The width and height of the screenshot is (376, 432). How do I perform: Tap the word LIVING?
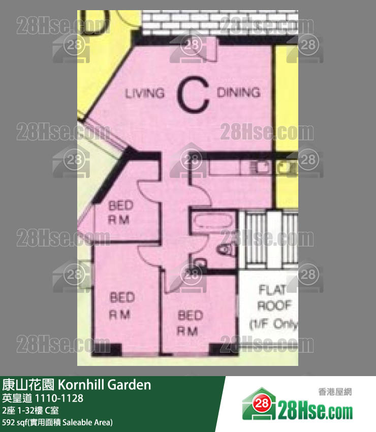pyautogui.click(x=145, y=94)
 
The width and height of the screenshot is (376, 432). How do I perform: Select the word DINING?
pyautogui.click(x=238, y=92)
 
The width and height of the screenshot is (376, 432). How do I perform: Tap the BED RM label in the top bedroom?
pyautogui.click(x=121, y=212)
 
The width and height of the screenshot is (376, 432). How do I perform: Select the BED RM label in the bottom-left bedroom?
pyautogui.click(x=121, y=305)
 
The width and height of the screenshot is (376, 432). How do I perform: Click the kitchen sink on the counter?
pyautogui.click(x=262, y=167)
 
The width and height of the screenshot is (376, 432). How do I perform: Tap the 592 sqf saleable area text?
pyautogui.click(x=57, y=422)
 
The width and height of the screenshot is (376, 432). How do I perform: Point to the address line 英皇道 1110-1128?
pyautogui.click(x=43, y=398)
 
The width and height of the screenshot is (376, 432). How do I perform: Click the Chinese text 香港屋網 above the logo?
pyautogui.click(x=335, y=392)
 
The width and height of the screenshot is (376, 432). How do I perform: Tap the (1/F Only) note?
pyautogui.click(x=273, y=324)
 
